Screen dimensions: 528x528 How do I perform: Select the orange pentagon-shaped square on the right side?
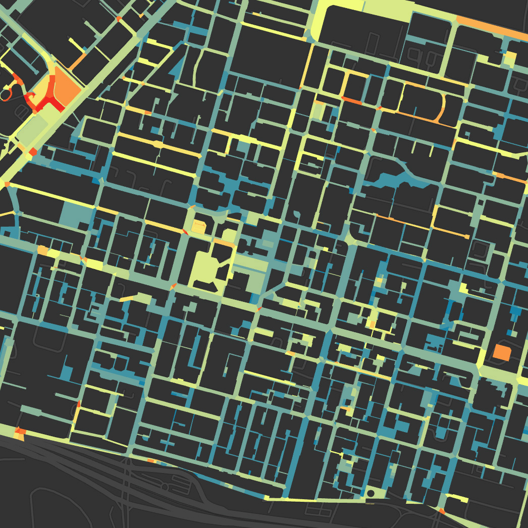coord(502,352)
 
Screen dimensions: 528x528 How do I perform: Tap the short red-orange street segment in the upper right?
coord(353,101)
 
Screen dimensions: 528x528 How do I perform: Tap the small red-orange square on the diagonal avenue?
coord(33,152)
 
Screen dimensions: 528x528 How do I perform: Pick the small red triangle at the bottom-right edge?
coord(442,511)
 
